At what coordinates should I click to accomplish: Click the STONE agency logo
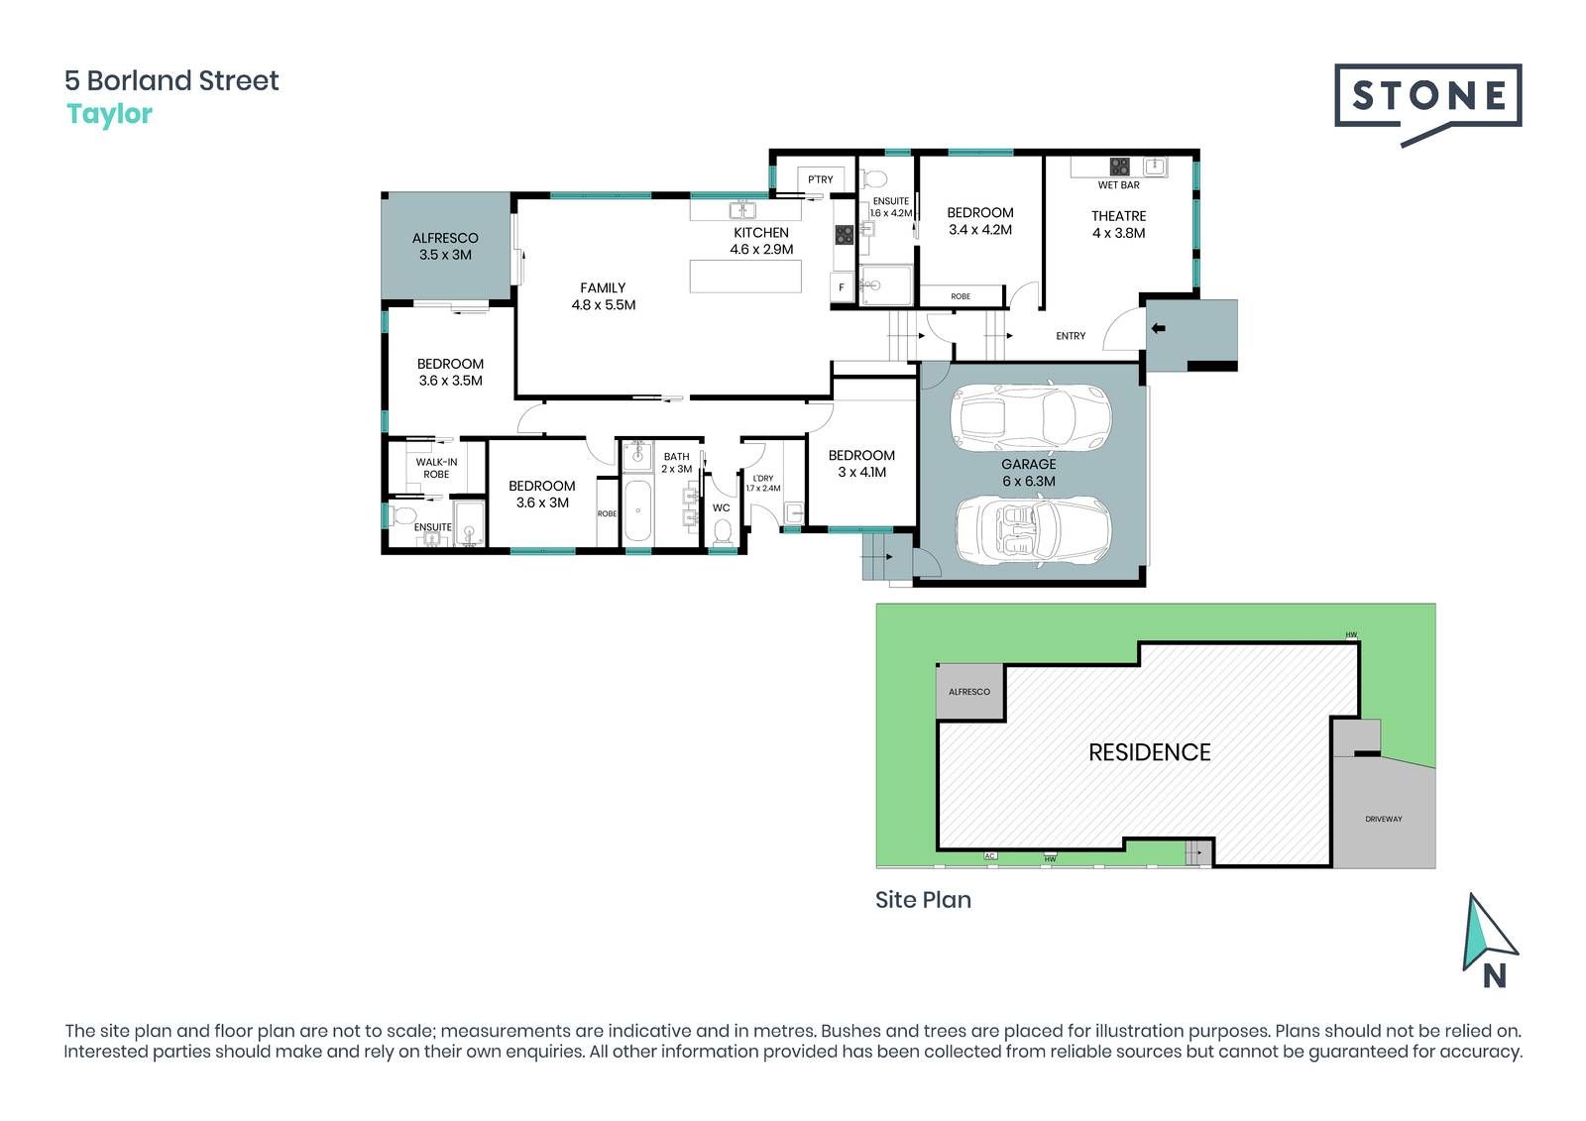(x=1427, y=104)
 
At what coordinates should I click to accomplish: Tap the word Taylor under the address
(x=109, y=114)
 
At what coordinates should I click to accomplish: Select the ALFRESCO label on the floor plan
(x=445, y=238)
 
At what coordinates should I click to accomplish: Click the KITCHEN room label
(x=761, y=232)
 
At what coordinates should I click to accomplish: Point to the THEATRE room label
(x=1119, y=216)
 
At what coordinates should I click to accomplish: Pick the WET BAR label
(x=1119, y=184)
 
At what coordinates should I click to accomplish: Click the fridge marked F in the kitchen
(x=842, y=287)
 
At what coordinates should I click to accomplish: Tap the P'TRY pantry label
(x=821, y=179)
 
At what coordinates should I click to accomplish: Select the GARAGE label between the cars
(x=1029, y=464)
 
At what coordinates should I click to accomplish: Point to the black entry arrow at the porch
(x=1159, y=328)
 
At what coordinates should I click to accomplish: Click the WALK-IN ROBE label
(x=436, y=468)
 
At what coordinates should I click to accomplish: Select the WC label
(x=721, y=507)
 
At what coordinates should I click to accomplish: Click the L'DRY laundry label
(x=763, y=478)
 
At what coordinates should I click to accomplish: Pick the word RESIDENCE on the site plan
(x=1149, y=752)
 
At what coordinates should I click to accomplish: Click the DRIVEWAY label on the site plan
(x=1384, y=819)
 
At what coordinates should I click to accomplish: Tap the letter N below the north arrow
(x=1494, y=976)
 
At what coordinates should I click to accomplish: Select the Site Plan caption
(x=923, y=900)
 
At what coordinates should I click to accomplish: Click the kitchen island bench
(x=745, y=277)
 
